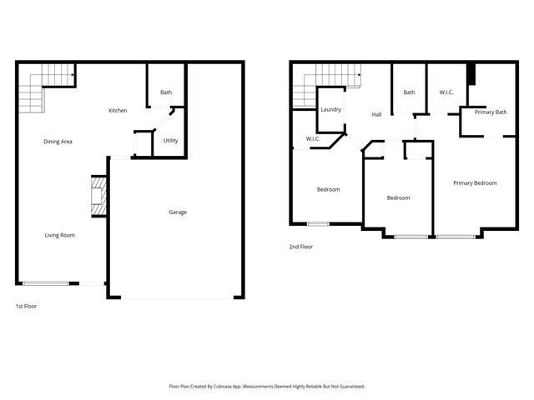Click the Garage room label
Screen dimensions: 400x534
click(x=178, y=212)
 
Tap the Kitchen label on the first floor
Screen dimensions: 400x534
click(x=118, y=111)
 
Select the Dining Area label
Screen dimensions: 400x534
click(x=58, y=142)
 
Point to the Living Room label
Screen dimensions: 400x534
click(x=60, y=235)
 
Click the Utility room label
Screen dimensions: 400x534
click(x=170, y=140)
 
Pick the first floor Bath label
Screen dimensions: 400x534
click(x=167, y=92)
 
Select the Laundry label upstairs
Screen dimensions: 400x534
click(x=330, y=109)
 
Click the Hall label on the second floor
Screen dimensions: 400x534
click(x=376, y=114)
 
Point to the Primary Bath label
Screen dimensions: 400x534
click(x=491, y=112)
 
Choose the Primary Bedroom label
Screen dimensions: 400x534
click(x=475, y=182)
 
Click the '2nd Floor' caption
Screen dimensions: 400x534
click(x=300, y=247)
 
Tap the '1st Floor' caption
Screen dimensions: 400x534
click(x=26, y=306)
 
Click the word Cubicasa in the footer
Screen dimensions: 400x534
click(x=223, y=386)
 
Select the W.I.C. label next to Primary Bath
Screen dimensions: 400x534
click(x=446, y=92)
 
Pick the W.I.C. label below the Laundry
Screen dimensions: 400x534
click(x=314, y=138)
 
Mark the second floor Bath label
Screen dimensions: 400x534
click(x=409, y=92)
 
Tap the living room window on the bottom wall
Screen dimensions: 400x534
click(x=46, y=283)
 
